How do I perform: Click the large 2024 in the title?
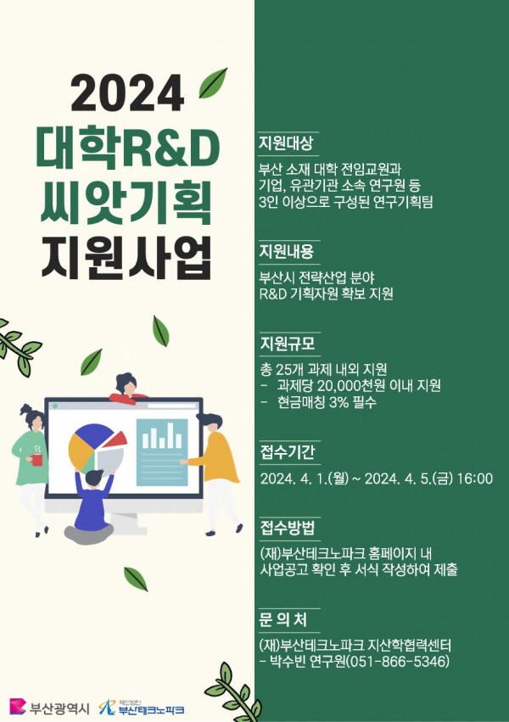127,92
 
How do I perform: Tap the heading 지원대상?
286,143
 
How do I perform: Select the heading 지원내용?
286,251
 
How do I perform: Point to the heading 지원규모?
288,344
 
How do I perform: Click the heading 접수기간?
288,451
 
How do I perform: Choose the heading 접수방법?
288,528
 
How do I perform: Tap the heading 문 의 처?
282,620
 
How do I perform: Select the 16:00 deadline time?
475,479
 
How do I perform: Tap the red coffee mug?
36,459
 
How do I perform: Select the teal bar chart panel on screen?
162,452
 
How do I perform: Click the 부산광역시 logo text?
59,708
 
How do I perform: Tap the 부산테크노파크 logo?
142,707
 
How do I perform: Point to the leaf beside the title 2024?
213,83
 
